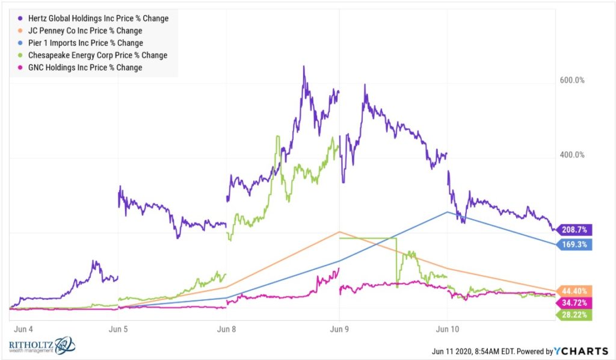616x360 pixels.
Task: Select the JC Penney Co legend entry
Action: (x=84, y=30)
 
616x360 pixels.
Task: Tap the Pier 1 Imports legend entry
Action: (x=85, y=43)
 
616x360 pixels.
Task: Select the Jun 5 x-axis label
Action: (x=118, y=329)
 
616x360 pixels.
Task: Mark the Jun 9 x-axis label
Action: (x=339, y=329)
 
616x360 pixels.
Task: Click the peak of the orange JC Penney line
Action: (x=339, y=232)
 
